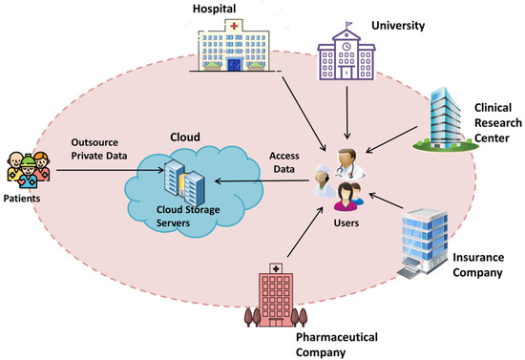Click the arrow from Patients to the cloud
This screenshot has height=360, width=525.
[x=95, y=173]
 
